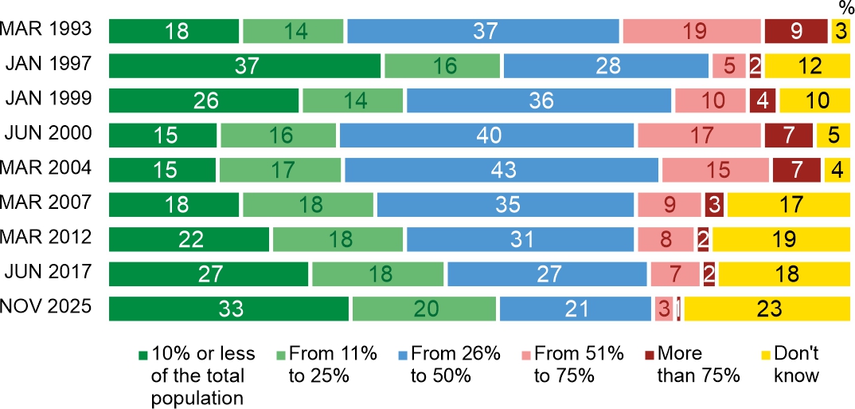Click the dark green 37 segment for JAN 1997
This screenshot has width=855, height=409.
[x=245, y=65]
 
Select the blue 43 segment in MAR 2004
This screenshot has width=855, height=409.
[x=502, y=170]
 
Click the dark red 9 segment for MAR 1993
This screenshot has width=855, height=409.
[x=796, y=31]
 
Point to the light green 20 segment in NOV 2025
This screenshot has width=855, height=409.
[x=424, y=309]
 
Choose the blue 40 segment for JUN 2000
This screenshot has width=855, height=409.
[x=486, y=136]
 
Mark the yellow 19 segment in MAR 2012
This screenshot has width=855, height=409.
[x=780, y=239]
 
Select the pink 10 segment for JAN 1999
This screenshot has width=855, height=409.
[x=710, y=100]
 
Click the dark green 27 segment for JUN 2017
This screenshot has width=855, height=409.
[x=209, y=274]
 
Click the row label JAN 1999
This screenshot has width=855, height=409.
[x=47, y=100]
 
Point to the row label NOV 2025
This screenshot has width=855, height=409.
[x=47, y=308]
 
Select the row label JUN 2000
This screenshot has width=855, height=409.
[x=47, y=134]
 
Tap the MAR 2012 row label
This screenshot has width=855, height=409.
[x=47, y=238]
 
